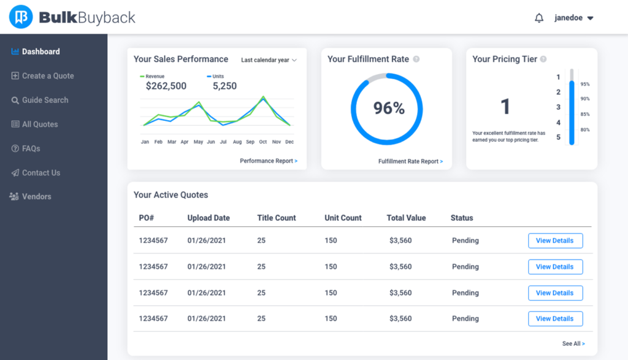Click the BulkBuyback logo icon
click(x=21, y=17)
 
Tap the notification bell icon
click(x=539, y=18)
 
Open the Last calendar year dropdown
click(x=269, y=60)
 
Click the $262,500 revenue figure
click(x=166, y=86)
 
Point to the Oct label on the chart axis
click(x=262, y=142)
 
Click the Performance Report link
click(x=269, y=161)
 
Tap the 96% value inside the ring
click(x=389, y=109)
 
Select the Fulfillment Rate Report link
click(x=410, y=161)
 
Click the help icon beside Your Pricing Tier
click(x=543, y=59)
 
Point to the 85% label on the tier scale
click(x=585, y=114)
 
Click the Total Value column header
click(x=406, y=218)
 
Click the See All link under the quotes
click(x=573, y=343)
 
